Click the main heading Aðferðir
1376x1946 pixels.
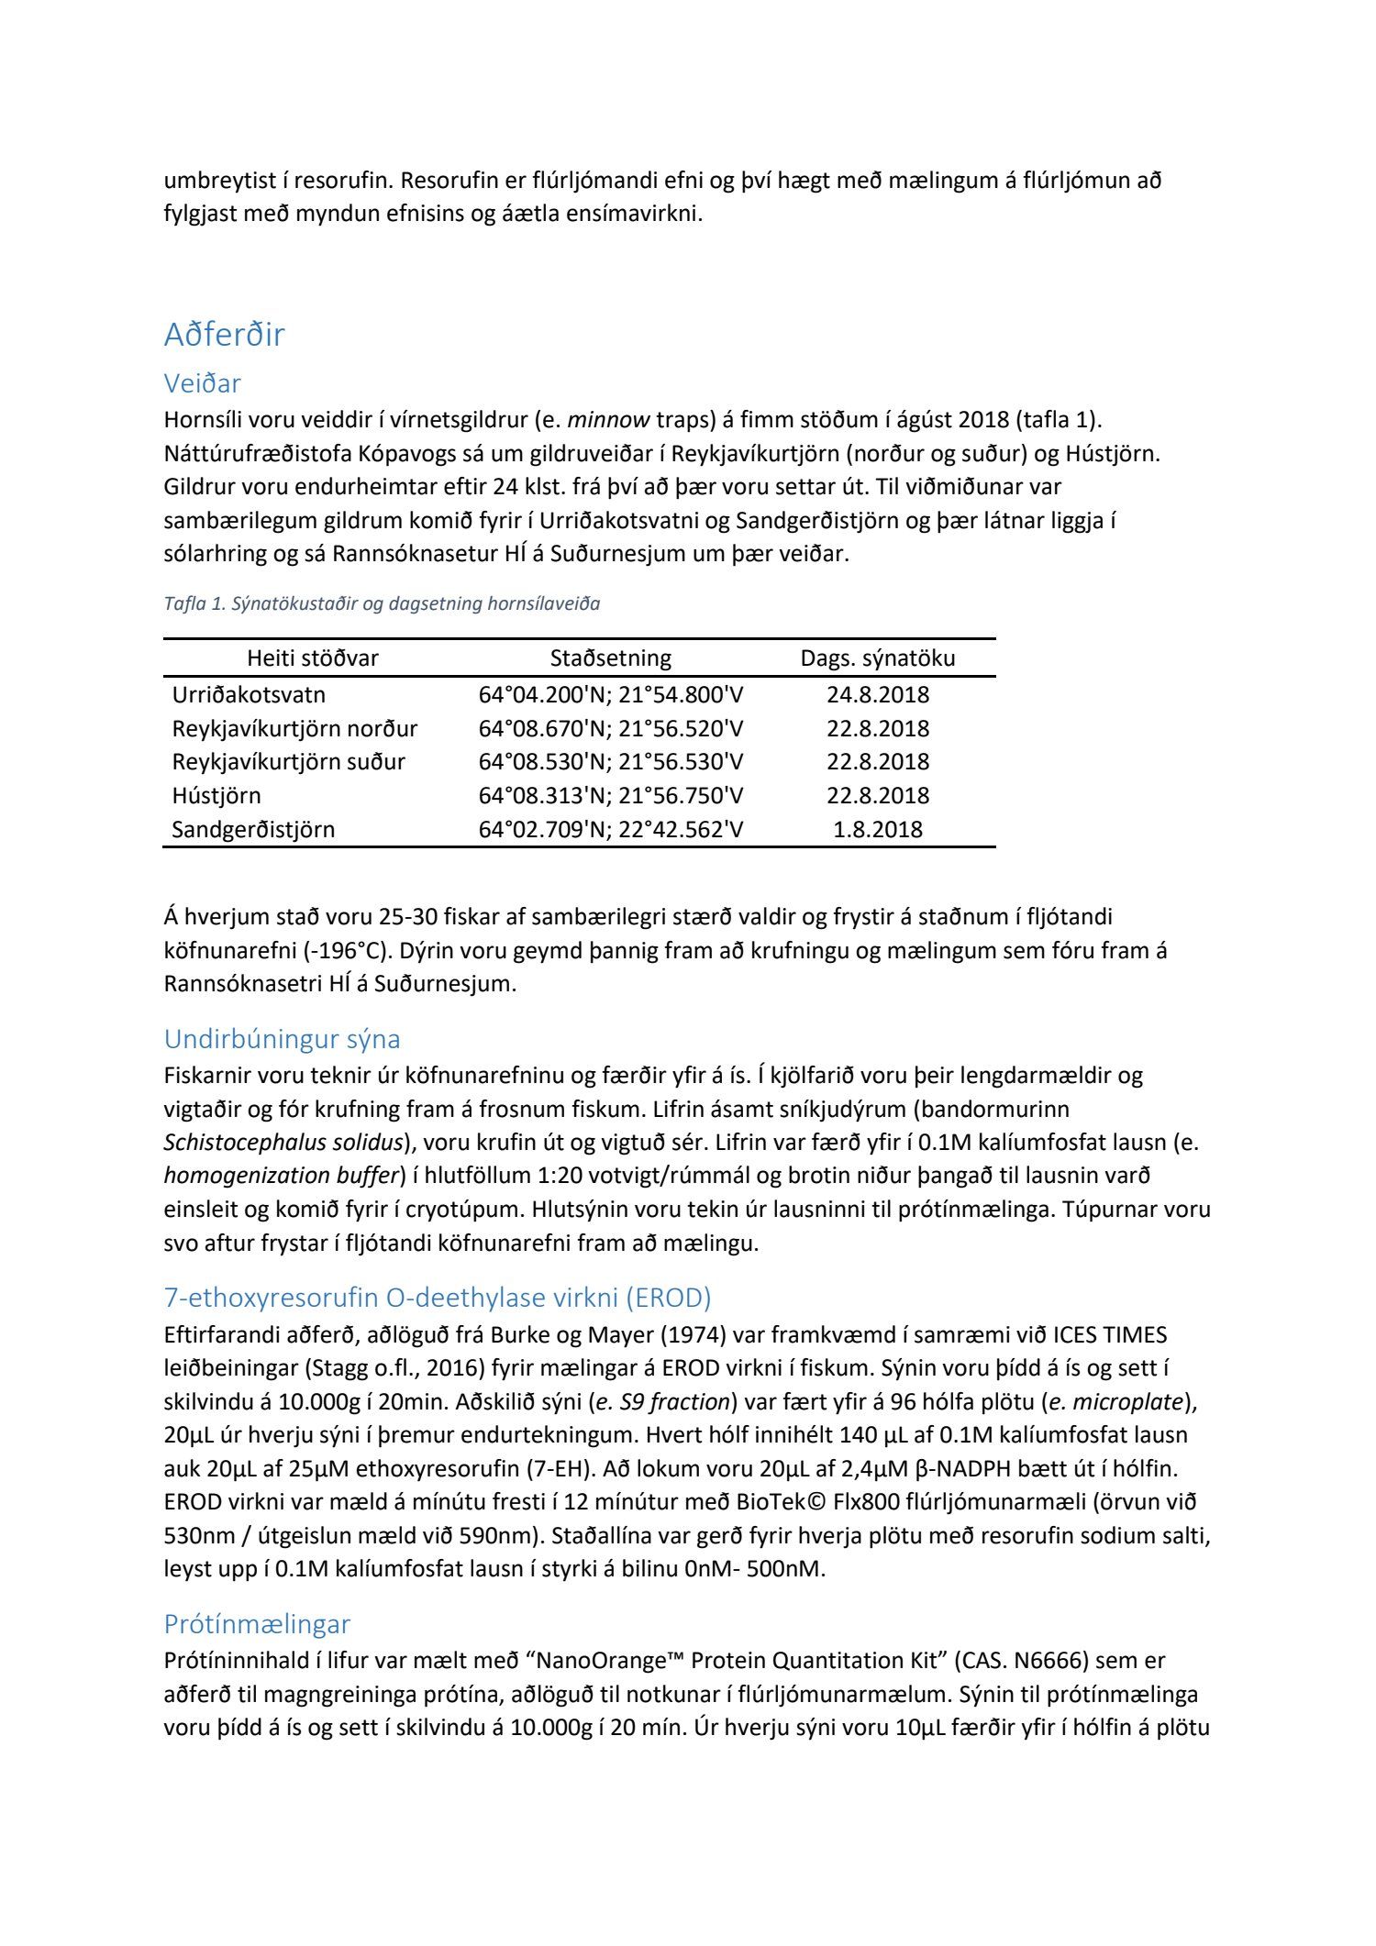224,335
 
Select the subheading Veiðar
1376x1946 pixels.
202,382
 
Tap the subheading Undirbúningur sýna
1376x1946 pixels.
282,1039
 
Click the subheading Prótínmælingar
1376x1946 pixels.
257,1624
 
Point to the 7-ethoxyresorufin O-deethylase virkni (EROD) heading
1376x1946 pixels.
438,1298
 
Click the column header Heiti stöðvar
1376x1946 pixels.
313,658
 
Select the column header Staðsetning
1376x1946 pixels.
610,658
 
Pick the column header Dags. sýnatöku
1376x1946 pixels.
877,658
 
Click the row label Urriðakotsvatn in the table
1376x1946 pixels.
249,694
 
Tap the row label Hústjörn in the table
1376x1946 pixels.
216,795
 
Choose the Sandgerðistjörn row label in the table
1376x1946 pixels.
253,829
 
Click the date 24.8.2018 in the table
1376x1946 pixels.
877,694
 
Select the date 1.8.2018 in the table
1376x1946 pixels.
877,829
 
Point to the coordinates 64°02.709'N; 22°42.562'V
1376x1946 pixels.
610,829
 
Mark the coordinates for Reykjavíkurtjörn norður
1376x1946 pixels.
610,728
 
